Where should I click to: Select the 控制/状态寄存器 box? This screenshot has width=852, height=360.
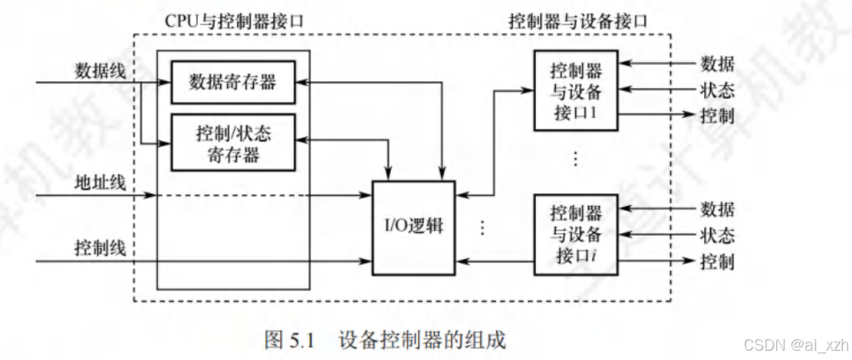click(233, 142)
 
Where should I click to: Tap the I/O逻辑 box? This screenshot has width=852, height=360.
click(413, 226)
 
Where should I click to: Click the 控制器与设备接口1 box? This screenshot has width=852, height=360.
click(576, 90)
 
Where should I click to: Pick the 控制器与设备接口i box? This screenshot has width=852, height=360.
click(576, 235)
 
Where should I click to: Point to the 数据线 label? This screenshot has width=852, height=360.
click(100, 71)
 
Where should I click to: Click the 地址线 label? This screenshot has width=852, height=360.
click(100, 182)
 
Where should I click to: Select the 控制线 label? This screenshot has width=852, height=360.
click(100, 248)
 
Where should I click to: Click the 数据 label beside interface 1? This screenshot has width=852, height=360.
click(717, 64)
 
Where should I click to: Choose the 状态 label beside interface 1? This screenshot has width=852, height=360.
click(717, 90)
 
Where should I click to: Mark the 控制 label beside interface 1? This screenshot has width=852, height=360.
click(717, 116)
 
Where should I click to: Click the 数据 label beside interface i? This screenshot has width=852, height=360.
click(717, 209)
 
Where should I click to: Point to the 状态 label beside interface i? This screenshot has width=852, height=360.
click(717, 235)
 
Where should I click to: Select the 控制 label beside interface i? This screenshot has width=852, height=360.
click(717, 262)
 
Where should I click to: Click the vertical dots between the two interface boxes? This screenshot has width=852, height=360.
click(575, 157)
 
